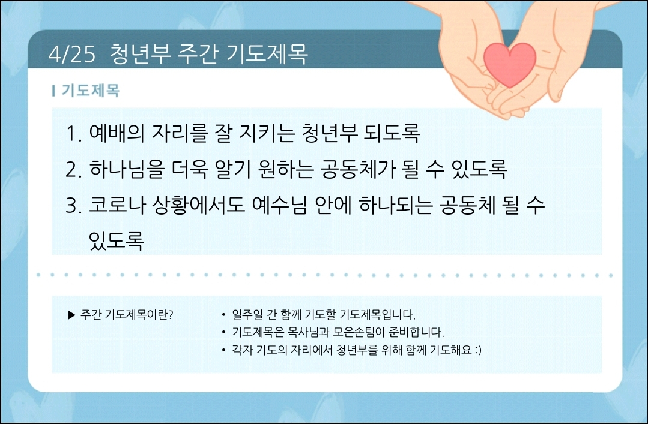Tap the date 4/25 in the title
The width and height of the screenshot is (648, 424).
[x=72, y=54]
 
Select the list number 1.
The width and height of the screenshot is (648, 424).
[x=73, y=133]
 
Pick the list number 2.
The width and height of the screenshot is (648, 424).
[x=73, y=169]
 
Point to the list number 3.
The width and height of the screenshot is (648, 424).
[x=73, y=205]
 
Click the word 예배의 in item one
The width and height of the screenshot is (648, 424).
[x=117, y=133]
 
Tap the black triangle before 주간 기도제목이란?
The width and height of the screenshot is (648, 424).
[x=72, y=315]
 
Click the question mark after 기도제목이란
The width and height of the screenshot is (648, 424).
[x=171, y=315]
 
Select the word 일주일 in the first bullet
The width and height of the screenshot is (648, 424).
[x=247, y=315]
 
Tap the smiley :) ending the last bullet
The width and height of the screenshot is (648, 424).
[x=477, y=350]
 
